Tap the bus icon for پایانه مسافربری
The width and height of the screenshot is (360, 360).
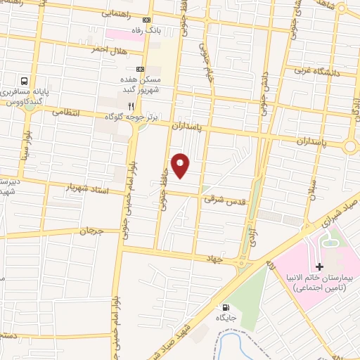25,81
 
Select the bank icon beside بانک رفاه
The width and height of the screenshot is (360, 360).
146,20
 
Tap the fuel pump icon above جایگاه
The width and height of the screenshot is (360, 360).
225,307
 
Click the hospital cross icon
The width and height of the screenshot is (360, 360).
319,266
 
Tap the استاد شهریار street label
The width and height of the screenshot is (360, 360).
84,188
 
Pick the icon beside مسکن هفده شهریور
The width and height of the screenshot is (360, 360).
139,69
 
